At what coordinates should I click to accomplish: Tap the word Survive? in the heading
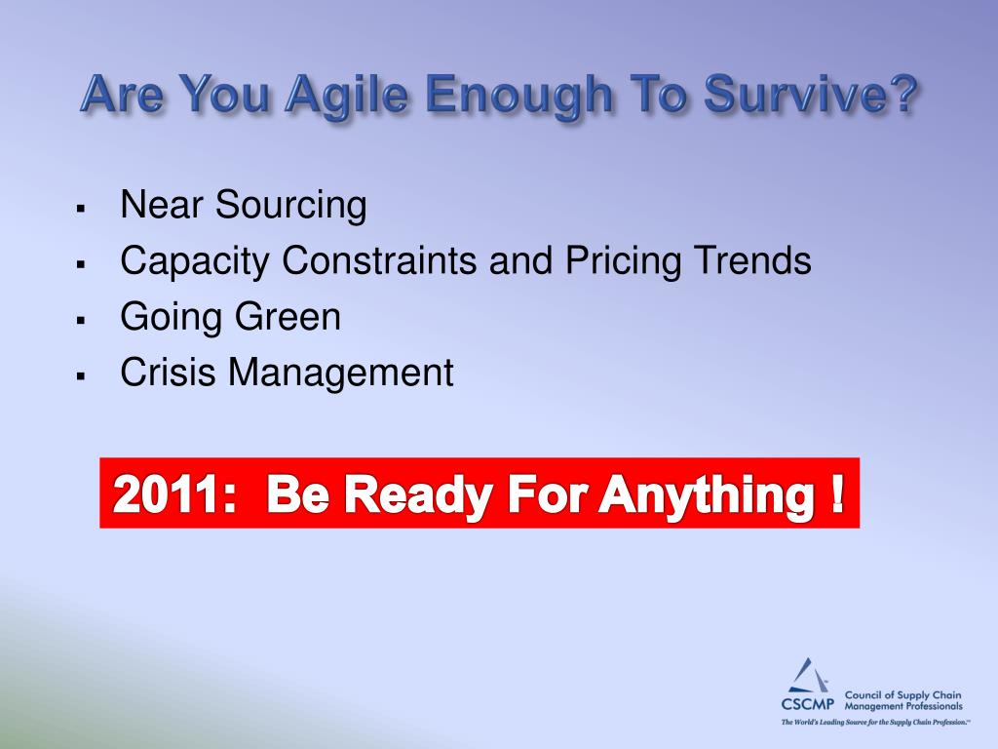[810, 93]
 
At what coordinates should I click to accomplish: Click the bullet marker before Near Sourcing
[80, 209]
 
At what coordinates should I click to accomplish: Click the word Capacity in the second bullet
[195, 261]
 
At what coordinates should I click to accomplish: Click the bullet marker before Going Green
[80, 320]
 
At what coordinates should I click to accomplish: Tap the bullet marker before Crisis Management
[80, 375]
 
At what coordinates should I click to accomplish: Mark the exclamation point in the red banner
[837, 493]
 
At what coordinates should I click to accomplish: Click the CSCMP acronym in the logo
[808, 704]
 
